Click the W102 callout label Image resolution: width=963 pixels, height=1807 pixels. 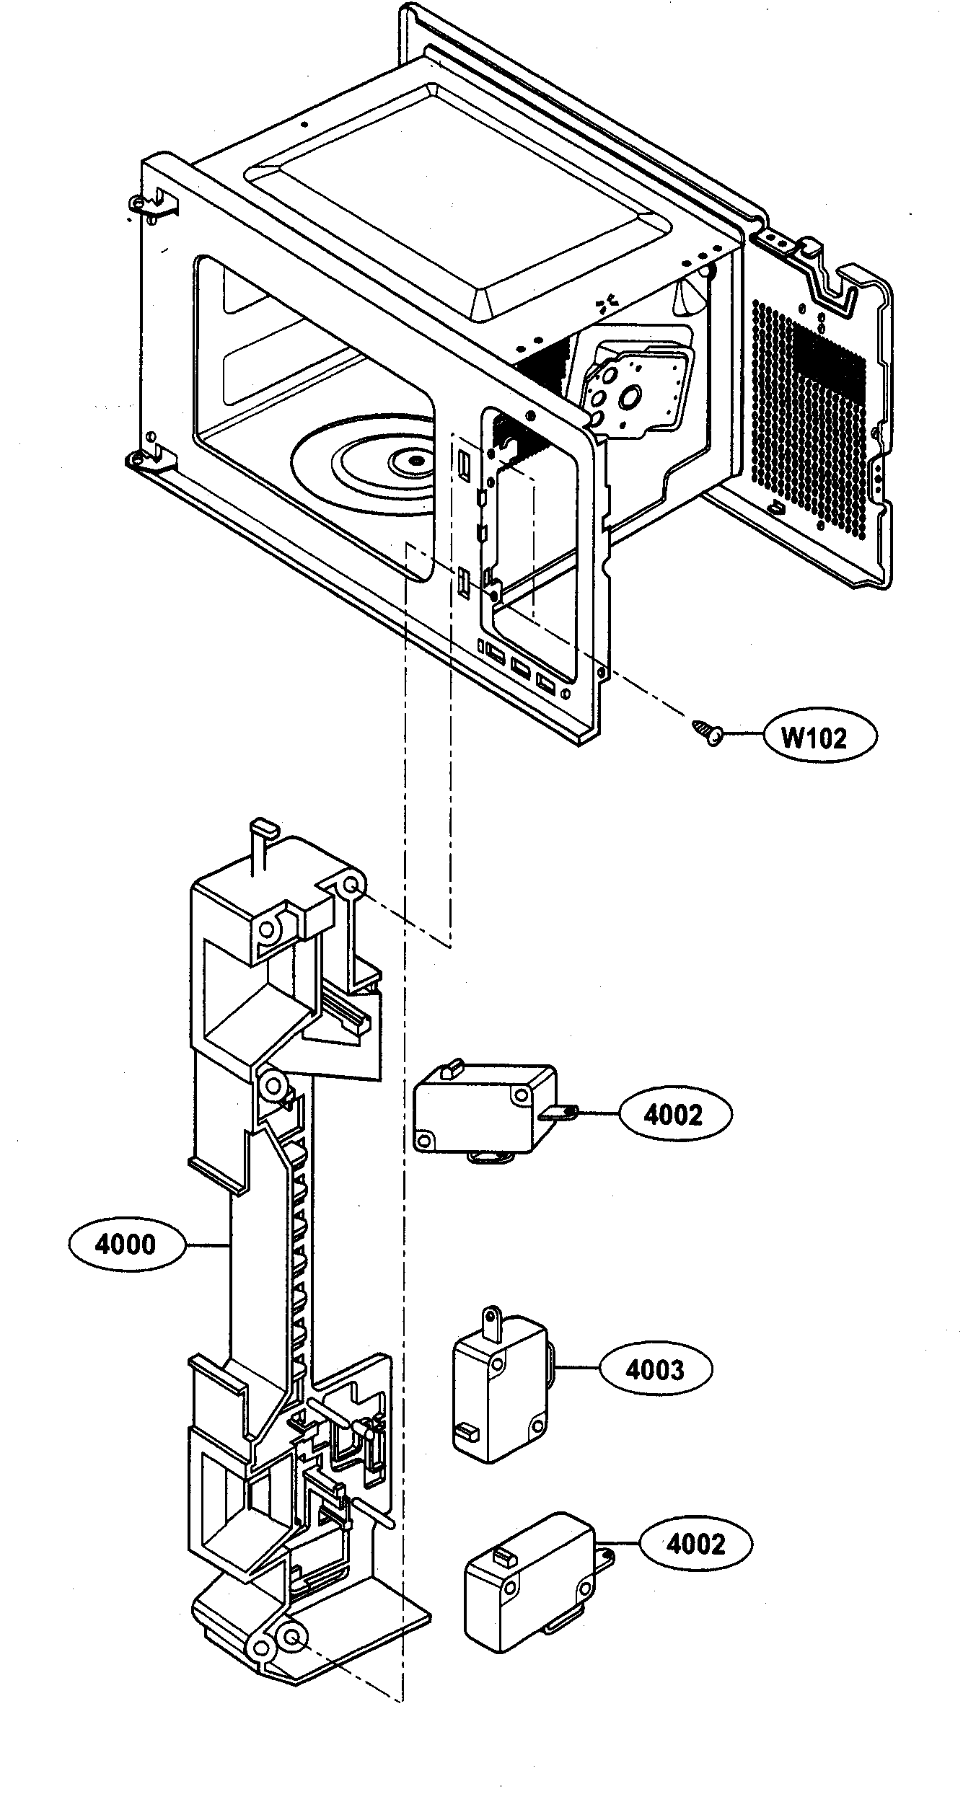pos(819,737)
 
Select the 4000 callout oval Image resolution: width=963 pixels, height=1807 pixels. pos(126,1245)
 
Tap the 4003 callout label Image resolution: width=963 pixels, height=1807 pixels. pos(655,1369)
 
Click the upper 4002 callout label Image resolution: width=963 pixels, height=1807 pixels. pos(674,1115)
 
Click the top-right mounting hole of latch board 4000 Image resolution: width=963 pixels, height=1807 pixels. pos(351,886)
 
